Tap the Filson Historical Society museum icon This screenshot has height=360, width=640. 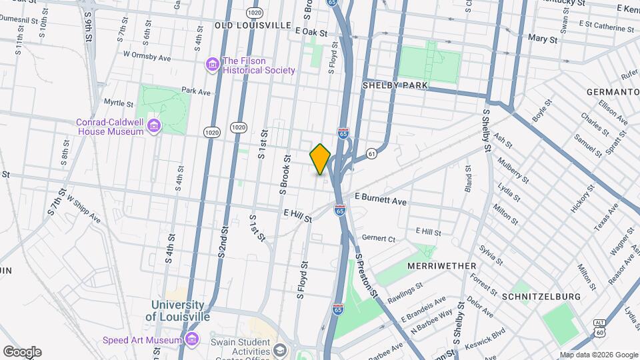tap(213, 65)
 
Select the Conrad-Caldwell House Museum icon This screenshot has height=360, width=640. tap(153, 126)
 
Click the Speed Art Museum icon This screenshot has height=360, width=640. tap(192, 340)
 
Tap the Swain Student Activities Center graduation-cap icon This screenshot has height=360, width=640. tap(279, 350)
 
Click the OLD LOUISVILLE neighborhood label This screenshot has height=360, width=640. tap(253, 25)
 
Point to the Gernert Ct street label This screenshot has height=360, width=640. tap(379, 238)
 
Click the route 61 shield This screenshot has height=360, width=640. tap(371, 154)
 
